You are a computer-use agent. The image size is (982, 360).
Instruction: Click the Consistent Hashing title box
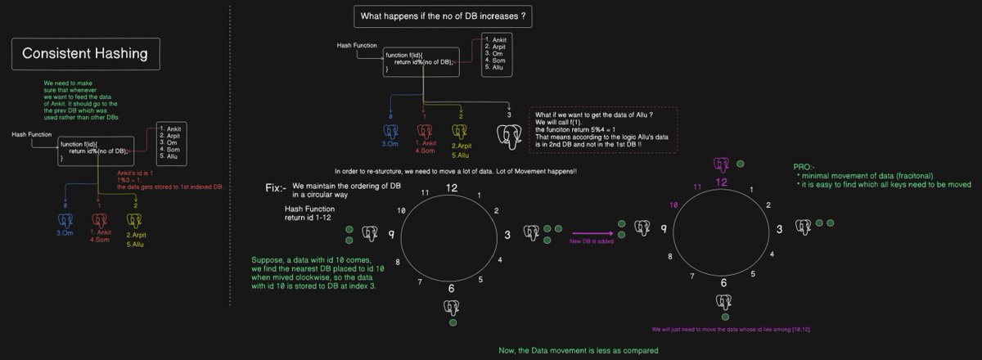pyautogui.click(x=84, y=54)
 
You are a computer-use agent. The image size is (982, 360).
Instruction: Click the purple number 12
pyautogui.click(x=721, y=182)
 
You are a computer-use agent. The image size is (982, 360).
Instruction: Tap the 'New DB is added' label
pyautogui.click(x=592, y=242)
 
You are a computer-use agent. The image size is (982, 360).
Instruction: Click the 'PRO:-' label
pyautogui.click(x=804, y=166)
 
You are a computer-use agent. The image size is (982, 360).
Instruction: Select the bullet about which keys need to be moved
pyautogui.click(x=884, y=185)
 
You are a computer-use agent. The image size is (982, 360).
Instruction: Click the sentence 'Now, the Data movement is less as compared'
pyautogui.click(x=579, y=351)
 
